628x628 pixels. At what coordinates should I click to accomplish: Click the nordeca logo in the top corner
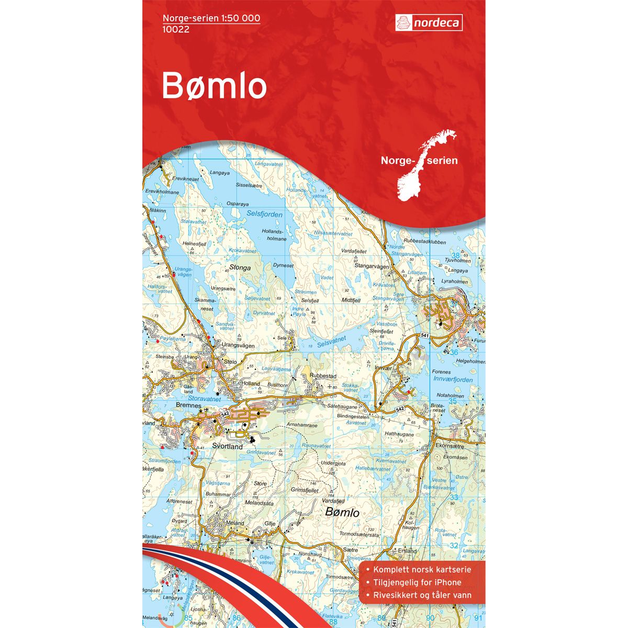(x=428, y=23)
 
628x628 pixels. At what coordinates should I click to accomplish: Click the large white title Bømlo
(x=214, y=86)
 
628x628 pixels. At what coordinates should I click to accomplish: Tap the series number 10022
(x=176, y=29)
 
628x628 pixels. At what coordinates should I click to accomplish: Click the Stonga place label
(x=240, y=267)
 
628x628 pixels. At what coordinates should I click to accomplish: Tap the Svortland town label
(x=227, y=447)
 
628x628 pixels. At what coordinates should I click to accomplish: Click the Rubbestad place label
(x=322, y=376)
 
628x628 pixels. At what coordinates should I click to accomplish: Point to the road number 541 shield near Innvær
(x=424, y=335)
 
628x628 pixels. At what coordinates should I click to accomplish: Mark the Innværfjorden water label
(x=453, y=380)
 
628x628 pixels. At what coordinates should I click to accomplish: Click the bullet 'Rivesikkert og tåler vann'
(x=422, y=595)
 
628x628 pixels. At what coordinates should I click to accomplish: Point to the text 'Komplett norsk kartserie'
(x=422, y=570)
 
